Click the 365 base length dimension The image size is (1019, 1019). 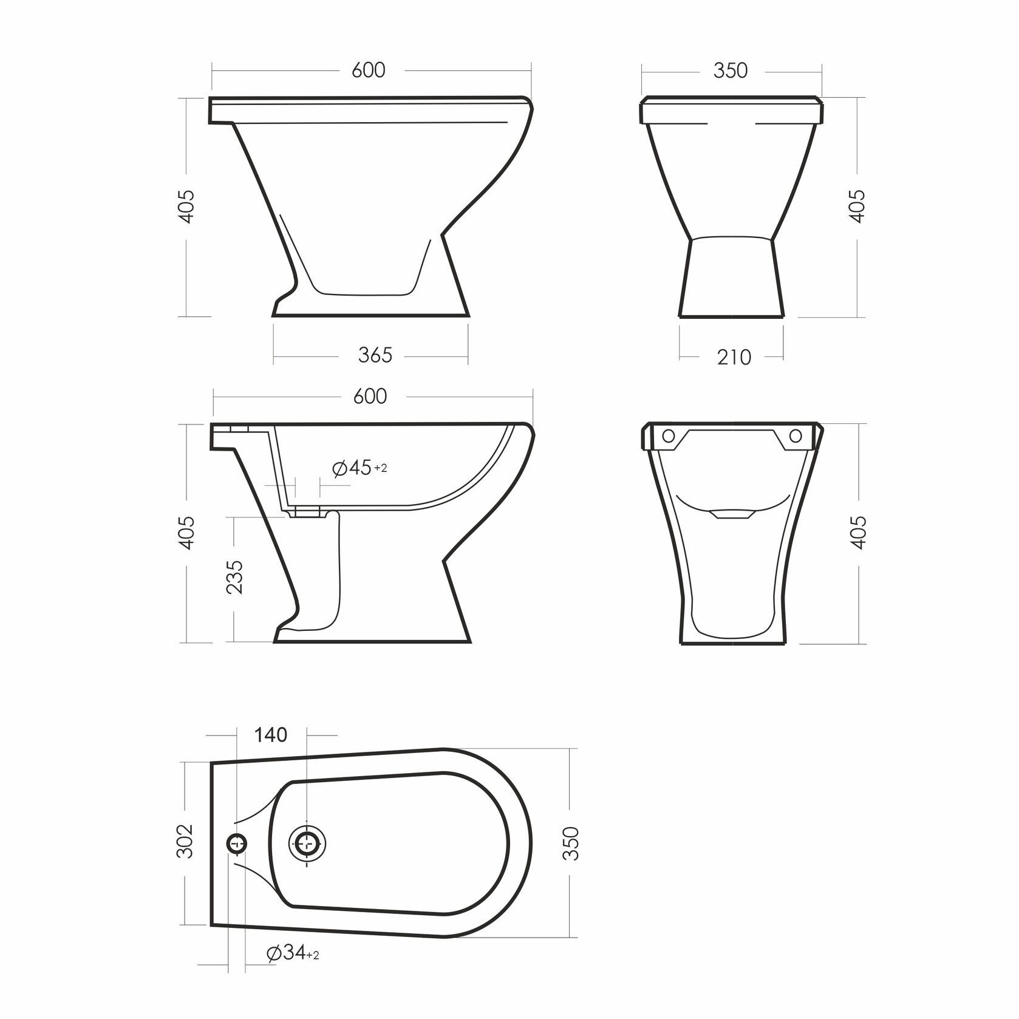375,355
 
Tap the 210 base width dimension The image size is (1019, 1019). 734,357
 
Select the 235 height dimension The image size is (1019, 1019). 235,576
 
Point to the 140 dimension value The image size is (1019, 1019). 270,735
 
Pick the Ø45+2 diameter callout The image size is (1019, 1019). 359,468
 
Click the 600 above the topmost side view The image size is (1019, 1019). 369,70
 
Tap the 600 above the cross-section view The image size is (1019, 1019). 369,396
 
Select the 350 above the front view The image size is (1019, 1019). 730,70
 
